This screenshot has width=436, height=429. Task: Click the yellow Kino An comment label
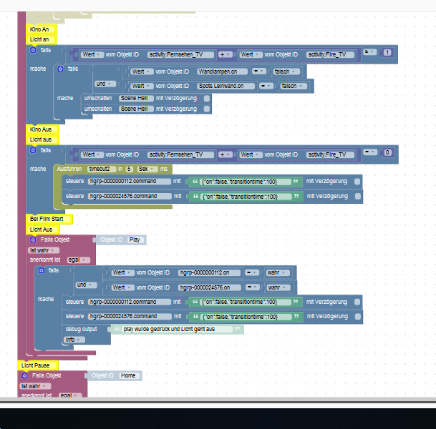click(x=39, y=29)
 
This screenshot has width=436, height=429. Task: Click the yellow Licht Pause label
click(x=35, y=365)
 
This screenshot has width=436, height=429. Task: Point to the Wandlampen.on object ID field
click(x=218, y=71)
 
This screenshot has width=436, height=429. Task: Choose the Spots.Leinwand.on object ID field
click(x=226, y=86)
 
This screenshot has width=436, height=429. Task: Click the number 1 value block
click(x=387, y=53)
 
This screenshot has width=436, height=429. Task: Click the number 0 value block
click(x=387, y=153)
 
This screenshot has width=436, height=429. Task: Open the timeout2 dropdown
click(x=100, y=168)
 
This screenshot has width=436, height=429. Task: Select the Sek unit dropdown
click(x=145, y=168)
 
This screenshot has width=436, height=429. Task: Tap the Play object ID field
click(x=135, y=240)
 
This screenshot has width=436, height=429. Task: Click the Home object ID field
click(x=129, y=375)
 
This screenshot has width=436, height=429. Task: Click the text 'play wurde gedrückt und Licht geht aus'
click(x=173, y=329)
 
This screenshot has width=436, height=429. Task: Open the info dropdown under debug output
click(x=72, y=340)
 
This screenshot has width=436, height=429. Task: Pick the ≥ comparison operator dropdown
click(x=370, y=53)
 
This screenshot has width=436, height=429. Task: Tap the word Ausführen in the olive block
click(x=69, y=168)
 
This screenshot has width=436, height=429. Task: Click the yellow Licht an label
click(x=40, y=39)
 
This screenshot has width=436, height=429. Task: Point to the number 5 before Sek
click(x=130, y=168)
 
